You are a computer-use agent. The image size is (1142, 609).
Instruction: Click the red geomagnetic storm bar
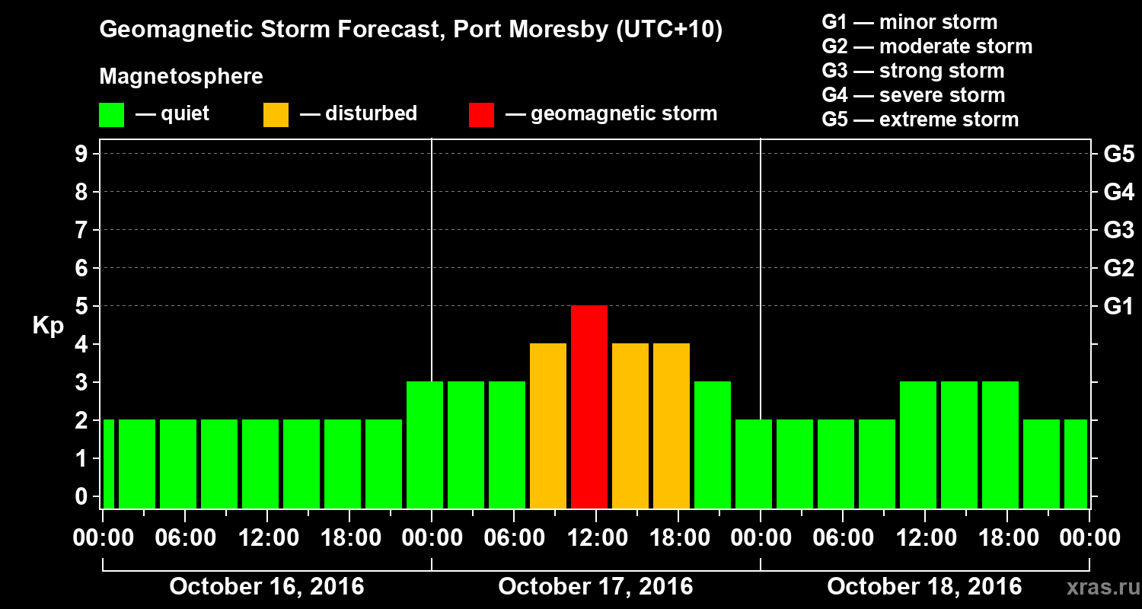pyautogui.click(x=589, y=407)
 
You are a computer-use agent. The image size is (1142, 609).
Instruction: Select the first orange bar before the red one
pyautogui.click(x=548, y=426)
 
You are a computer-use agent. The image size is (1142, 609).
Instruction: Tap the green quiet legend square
pyautogui.click(x=111, y=115)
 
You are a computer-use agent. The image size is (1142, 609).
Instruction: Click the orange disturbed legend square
pyautogui.click(x=276, y=115)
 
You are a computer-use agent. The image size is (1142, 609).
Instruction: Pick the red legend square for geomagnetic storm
pyautogui.click(x=481, y=115)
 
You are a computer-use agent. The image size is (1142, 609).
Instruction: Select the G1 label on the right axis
pyautogui.click(x=1118, y=306)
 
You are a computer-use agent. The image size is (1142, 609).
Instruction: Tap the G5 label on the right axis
pyautogui.click(x=1118, y=154)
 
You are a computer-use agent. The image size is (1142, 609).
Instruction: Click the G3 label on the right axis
pyautogui.click(x=1118, y=230)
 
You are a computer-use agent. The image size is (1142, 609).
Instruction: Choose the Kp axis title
pyautogui.click(x=48, y=326)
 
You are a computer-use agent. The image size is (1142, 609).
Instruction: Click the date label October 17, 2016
pyautogui.click(x=595, y=587)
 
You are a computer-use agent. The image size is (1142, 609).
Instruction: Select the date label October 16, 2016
pyautogui.click(x=266, y=587)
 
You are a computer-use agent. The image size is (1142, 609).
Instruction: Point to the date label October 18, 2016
pyautogui.click(x=924, y=587)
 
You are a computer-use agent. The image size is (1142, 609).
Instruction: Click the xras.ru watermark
pyautogui.click(x=1097, y=587)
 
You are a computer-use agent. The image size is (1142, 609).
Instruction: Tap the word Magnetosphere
pyautogui.click(x=181, y=77)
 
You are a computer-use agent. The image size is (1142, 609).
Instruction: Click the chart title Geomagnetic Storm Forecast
pyautogui.click(x=411, y=30)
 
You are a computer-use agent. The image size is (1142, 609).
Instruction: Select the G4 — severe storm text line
pyautogui.click(x=914, y=95)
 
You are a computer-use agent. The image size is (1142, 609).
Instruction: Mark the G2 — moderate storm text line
pyautogui.click(x=927, y=46)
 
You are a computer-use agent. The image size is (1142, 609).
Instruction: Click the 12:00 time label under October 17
pyautogui.click(x=595, y=538)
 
